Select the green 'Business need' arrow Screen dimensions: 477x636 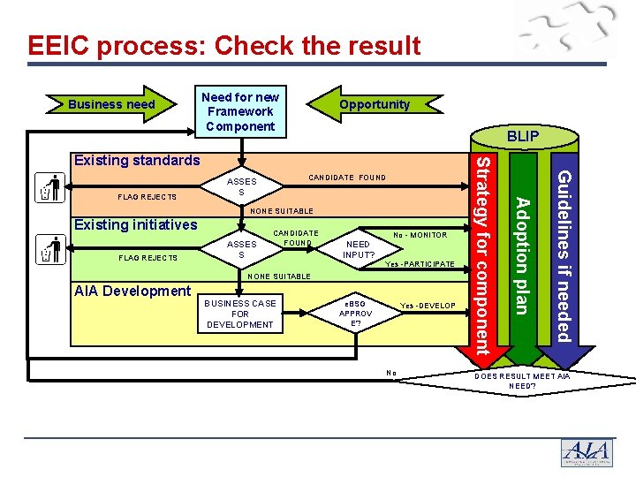pyautogui.click(x=112, y=104)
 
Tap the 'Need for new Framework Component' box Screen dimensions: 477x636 pyautogui.click(x=240, y=111)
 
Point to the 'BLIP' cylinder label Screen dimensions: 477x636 pyautogui.click(x=523, y=137)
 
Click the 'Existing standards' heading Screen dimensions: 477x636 pyautogui.click(x=137, y=160)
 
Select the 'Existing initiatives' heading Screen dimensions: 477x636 pyautogui.click(x=135, y=224)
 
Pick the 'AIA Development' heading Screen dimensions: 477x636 pyautogui.click(x=132, y=291)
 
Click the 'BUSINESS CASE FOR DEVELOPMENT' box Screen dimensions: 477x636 pyautogui.click(x=239, y=314)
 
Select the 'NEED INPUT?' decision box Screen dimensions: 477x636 pyautogui.click(x=359, y=250)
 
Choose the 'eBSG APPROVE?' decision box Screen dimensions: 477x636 pyautogui.click(x=356, y=313)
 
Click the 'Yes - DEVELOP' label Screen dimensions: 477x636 pyautogui.click(x=428, y=306)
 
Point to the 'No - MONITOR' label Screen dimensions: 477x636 pyautogui.click(x=420, y=235)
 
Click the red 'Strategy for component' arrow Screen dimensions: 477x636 pyautogui.click(x=482, y=256)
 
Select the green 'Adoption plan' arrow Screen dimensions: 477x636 pyautogui.click(x=522, y=256)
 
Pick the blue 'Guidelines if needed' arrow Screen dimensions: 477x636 pyautogui.click(x=563, y=256)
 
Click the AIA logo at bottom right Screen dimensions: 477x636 pyautogui.click(x=587, y=451)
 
